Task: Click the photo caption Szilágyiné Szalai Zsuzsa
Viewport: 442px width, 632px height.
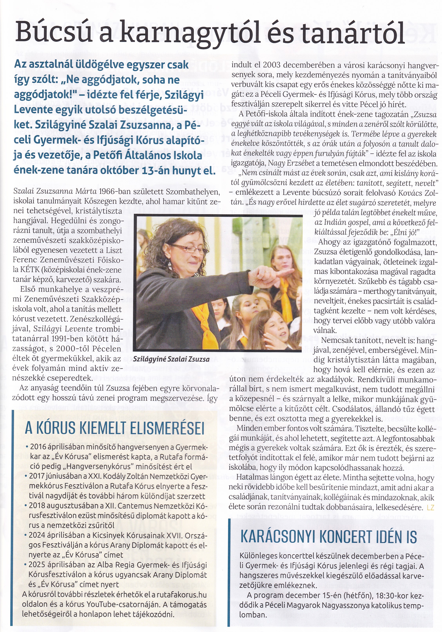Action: point(171,359)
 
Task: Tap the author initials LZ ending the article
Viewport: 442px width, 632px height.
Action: point(430,507)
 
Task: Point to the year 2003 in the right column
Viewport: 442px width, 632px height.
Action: point(272,65)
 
